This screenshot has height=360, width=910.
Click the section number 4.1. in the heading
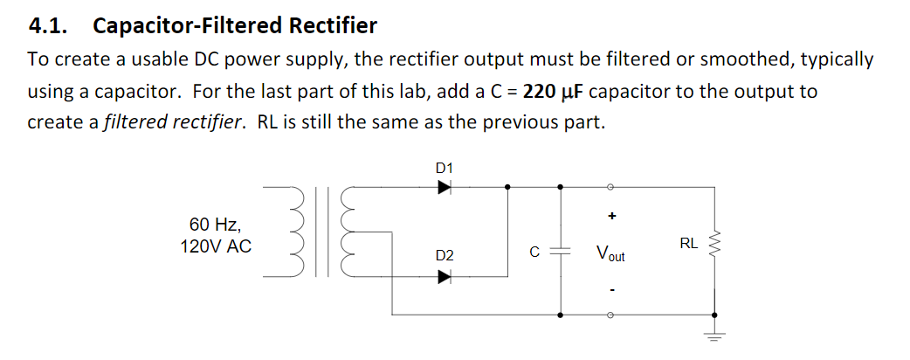click(x=51, y=25)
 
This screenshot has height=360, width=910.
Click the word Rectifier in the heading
click(x=333, y=25)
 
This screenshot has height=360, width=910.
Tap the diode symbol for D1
click(x=445, y=186)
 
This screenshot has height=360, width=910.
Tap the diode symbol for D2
click(x=445, y=277)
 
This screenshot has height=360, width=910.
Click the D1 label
click(x=444, y=166)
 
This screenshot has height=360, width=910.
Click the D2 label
click(x=444, y=255)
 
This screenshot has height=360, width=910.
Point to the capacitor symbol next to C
click(x=560, y=251)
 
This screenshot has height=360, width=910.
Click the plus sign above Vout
click(x=611, y=215)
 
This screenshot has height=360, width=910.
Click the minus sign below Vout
click(x=611, y=291)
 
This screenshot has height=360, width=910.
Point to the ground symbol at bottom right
click(x=717, y=335)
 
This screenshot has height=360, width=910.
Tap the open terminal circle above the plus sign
click(x=611, y=186)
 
